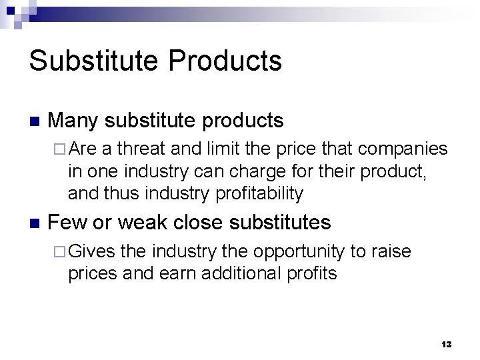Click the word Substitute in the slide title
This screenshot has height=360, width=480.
[x=93, y=61]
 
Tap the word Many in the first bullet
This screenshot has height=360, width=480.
[x=73, y=121]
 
